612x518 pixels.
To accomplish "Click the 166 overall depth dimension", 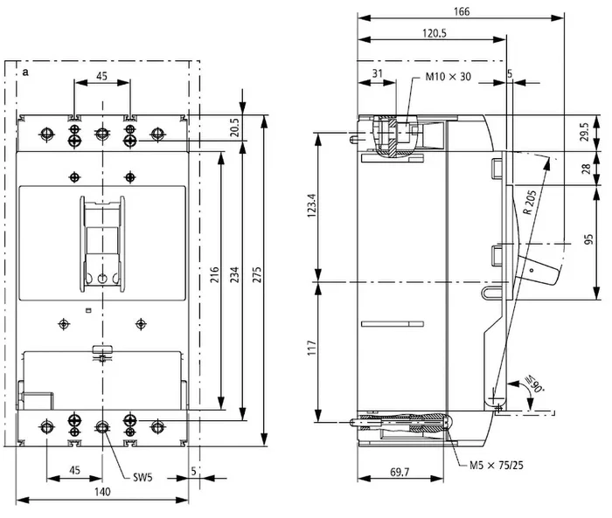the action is (x=462, y=11).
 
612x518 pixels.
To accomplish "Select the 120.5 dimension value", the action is (x=434, y=33).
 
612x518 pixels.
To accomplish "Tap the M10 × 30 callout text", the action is (x=448, y=77).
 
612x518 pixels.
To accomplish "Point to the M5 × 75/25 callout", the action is (x=496, y=465).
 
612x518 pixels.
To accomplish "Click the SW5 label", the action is (x=143, y=477).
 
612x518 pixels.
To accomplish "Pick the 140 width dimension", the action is (x=102, y=492).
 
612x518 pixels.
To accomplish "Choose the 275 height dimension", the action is (x=255, y=274).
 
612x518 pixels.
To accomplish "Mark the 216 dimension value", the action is (x=214, y=274).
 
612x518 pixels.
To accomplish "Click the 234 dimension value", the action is (x=233, y=274).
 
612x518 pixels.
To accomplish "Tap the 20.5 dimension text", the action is (x=233, y=128).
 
